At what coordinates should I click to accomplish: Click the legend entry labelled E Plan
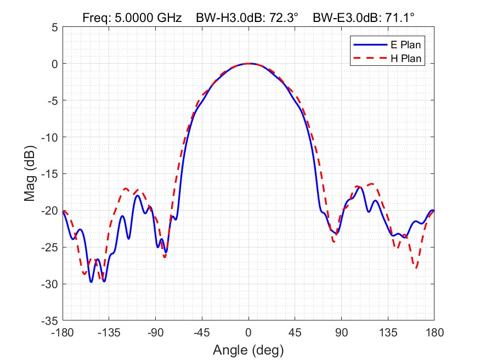[405, 44]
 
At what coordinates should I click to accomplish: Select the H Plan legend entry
[405, 58]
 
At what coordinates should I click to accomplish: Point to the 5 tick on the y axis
[54, 27]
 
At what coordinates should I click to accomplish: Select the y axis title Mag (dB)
[31, 173]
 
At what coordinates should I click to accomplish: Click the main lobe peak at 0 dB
[249, 64]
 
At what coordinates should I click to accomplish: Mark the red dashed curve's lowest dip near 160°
[417, 268]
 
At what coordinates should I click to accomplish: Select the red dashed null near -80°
[165, 256]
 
